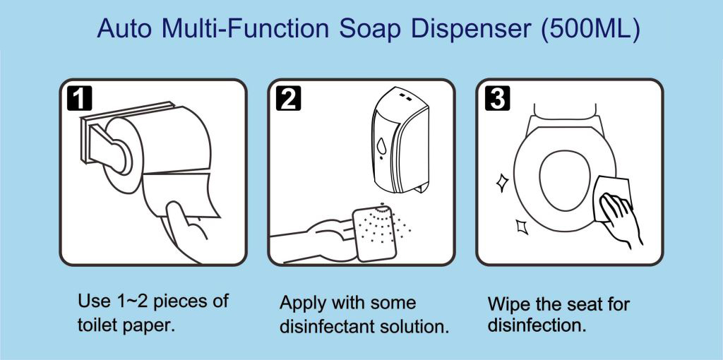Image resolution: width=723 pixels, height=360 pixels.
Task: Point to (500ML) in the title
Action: [591, 29]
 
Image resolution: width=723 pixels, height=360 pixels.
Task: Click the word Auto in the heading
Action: [124, 28]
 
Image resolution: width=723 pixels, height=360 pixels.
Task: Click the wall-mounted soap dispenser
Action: [400, 140]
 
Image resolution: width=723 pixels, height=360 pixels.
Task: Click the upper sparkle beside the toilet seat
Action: [502, 183]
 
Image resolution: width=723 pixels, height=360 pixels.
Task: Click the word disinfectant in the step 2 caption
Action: [328, 327]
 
